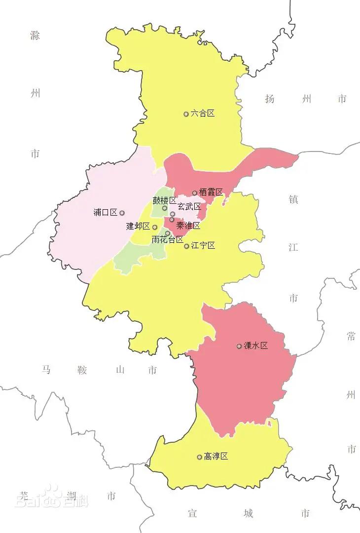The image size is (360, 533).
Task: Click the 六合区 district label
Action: [x=203, y=114]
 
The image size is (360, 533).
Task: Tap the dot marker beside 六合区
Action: [x=186, y=114]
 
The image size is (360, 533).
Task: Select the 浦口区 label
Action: [x=106, y=213]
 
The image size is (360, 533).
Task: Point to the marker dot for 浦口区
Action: [x=122, y=213]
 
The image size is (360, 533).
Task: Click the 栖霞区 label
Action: [x=211, y=192]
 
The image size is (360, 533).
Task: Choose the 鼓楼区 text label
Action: [x=164, y=200]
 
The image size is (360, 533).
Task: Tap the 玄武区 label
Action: [x=189, y=206]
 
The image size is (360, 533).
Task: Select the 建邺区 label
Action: [x=138, y=227]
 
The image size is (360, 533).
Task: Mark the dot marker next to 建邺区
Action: [x=154, y=228]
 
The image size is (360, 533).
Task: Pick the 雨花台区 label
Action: [x=167, y=240]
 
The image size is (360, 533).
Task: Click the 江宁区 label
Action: [x=203, y=245]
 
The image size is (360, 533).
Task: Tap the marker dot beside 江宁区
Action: [x=186, y=246]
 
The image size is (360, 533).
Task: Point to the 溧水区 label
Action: [x=256, y=346]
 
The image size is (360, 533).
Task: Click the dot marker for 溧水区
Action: [x=239, y=346]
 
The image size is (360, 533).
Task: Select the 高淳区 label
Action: [x=216, y=457]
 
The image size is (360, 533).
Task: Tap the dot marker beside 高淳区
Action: [x=199, y=457]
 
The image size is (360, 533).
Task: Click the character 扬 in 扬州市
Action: [x=269, y=99]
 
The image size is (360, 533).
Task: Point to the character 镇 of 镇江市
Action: [x=293, y=199]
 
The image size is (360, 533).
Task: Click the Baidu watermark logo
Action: [x=52, y=497]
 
